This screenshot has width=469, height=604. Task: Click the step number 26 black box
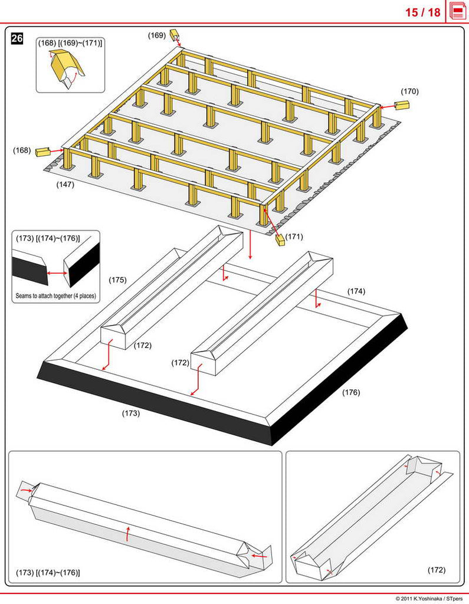17,39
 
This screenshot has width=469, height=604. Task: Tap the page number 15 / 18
422,12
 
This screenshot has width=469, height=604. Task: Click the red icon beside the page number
457,11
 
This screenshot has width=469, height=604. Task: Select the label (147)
65,185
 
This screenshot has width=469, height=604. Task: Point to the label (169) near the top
156,35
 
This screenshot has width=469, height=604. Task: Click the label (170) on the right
409,91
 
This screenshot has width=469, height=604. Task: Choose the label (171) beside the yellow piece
294,237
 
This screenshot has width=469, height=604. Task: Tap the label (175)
117,280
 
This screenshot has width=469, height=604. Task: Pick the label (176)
351,392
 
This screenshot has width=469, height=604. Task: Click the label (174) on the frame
356,291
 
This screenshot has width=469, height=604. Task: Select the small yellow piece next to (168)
42,152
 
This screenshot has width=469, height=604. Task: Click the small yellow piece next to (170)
402,105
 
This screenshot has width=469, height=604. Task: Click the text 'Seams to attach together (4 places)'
55,296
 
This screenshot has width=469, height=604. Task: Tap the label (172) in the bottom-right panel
437,570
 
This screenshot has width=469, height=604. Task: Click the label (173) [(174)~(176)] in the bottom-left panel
48,573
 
